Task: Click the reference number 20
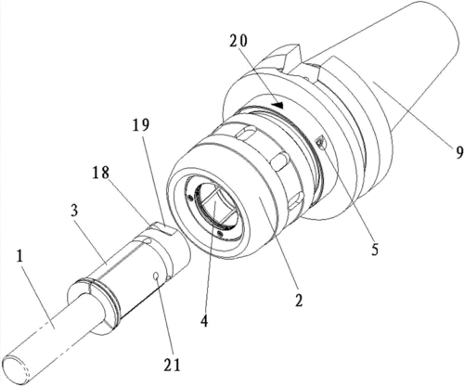click(x=238, y=41)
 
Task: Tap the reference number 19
click(x=141, y=124)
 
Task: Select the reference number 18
click(x=100, y=173)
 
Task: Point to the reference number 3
click(x=74, y=211)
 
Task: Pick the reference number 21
click(x=171, y=366)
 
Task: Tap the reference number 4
click(x=204, y=321)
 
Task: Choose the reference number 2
click(x=298, y=300)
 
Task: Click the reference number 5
click(x=375, y=250)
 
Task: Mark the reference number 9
click(x=459, y=152)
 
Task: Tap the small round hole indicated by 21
click(x=157, y=277)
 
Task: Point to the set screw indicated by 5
click(x=320, y=142)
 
